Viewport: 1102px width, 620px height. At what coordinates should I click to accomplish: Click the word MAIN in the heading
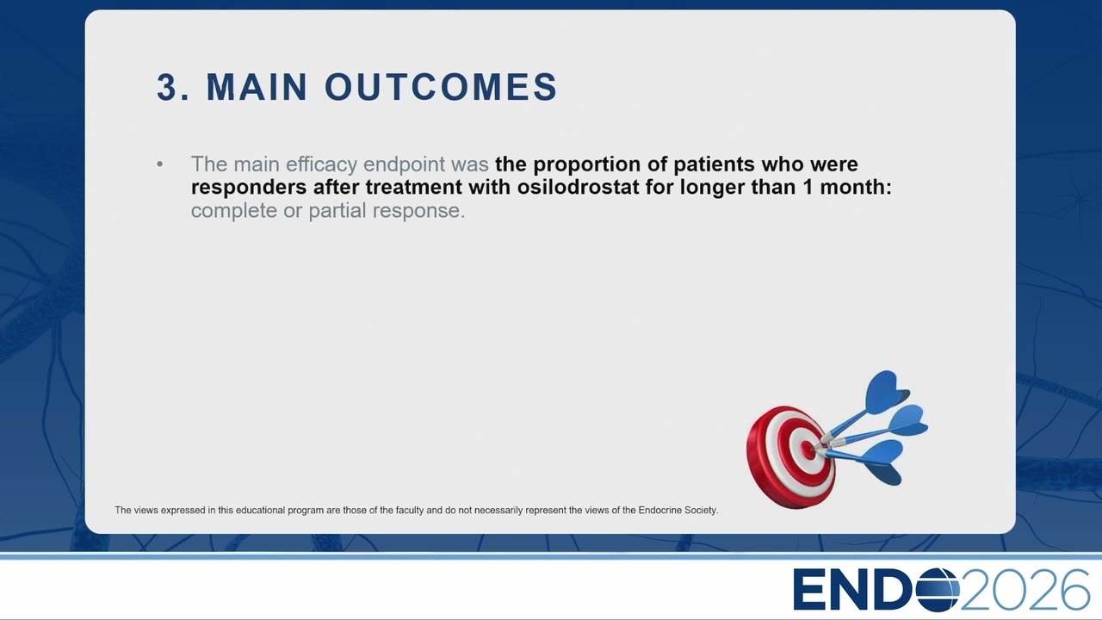[x=257, y=87]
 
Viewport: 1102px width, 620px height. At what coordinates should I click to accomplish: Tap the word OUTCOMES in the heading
[x=441, y=87]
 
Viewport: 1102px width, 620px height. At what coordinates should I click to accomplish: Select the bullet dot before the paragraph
[x=159, y=164]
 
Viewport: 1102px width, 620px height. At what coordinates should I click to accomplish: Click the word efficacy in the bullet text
[x=321, y=164]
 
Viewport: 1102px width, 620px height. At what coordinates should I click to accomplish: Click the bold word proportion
[x=586, y=164]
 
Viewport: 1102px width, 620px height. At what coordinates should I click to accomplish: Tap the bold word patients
[x=714, y=164]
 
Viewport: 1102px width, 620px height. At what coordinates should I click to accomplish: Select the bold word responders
[x=249, y=188]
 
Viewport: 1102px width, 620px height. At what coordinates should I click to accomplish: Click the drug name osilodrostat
[x=578, y=187]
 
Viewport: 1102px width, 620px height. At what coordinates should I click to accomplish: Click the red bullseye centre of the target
[x=808, y=449]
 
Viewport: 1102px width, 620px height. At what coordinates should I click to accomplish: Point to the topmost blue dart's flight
[x=887, y=391]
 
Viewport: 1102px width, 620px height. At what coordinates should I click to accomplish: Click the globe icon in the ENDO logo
[x=938, y=590]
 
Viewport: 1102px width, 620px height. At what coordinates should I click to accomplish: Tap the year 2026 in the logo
[x=1025, y=590]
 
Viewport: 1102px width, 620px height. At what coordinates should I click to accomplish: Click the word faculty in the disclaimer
[x=410, y=511]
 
